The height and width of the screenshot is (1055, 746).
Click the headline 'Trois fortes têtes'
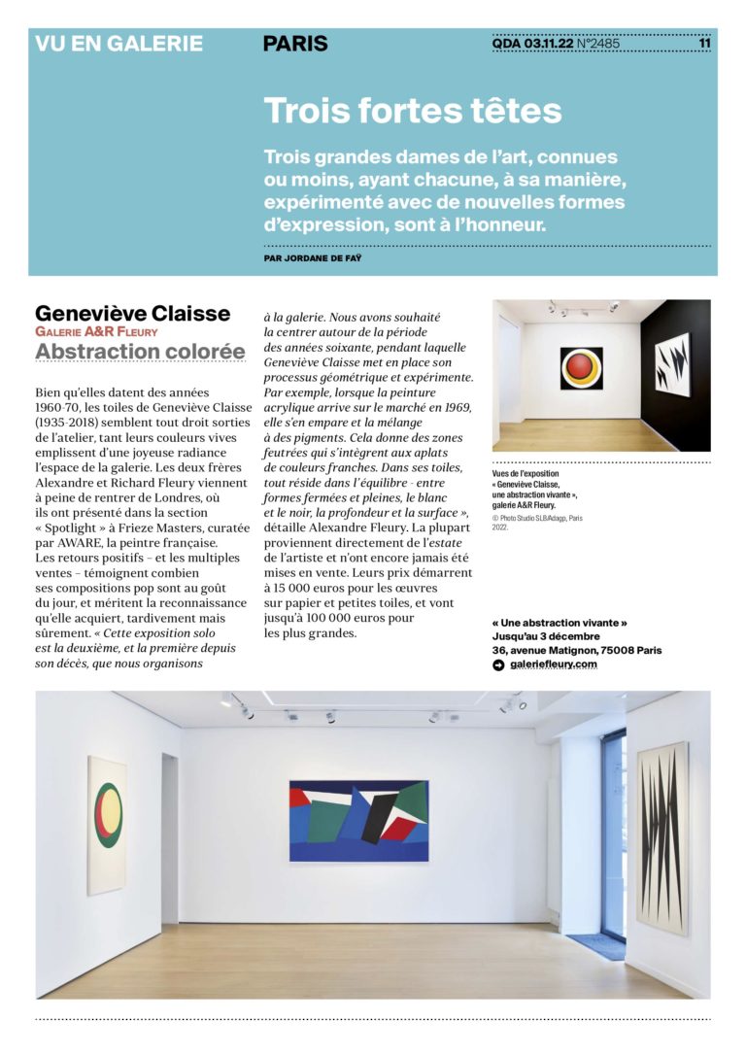click(x=413, y=111)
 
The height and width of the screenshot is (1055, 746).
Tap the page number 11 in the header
click(x=704, y=43)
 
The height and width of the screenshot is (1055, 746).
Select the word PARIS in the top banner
click(x=295, y=44)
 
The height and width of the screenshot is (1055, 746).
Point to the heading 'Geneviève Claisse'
click(x=133, y=314)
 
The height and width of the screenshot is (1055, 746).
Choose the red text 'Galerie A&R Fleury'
click(x=96, y=331)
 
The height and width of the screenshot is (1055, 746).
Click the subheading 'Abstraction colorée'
click(x=140, y=351)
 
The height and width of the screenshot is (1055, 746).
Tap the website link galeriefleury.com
click(x=554, y=664)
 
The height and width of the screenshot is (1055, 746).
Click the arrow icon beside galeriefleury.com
click(x=499, y=664)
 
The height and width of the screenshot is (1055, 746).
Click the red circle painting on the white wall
click(x=581, y=368)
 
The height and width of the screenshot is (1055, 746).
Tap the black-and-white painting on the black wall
click(x=672, y=364)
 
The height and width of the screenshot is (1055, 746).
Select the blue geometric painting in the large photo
click(x=359, y=821)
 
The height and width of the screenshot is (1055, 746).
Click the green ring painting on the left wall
click(x=106, y=824)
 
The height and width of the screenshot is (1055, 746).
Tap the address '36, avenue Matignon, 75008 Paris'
click(x=577, y=650)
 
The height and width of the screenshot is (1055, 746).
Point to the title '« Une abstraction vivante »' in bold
click(x=559, y=623)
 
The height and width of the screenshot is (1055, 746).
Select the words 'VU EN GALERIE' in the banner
click(x=119, y=44)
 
